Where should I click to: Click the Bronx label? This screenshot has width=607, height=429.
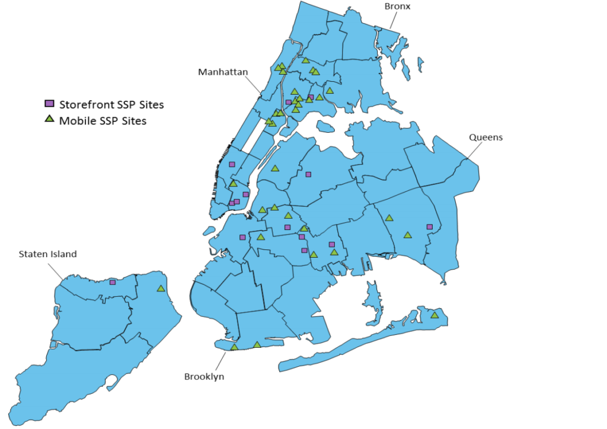click(397, 7)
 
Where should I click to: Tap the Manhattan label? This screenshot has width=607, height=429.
click(223, 72)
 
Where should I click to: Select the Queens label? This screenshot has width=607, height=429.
click(485, 137)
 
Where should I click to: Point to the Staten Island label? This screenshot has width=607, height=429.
click(47, 254)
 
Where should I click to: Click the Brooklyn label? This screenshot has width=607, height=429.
click(204, 376)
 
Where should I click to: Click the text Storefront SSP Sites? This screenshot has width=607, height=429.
click(111, 105)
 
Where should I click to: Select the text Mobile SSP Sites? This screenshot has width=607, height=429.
click(103, 121)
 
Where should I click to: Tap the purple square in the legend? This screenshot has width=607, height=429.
click(50, 105)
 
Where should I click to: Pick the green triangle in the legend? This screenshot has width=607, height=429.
click(50, 120)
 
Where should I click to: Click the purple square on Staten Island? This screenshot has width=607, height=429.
click(113, 282)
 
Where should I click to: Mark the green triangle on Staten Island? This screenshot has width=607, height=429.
click(160, 289)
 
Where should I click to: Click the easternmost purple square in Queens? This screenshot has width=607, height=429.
click(430, 227)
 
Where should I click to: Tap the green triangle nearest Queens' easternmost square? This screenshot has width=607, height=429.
click(407, 235)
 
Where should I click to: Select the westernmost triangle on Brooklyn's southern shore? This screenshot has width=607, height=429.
click(234, 347)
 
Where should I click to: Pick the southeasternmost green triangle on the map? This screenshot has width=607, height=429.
click(435, 315)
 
